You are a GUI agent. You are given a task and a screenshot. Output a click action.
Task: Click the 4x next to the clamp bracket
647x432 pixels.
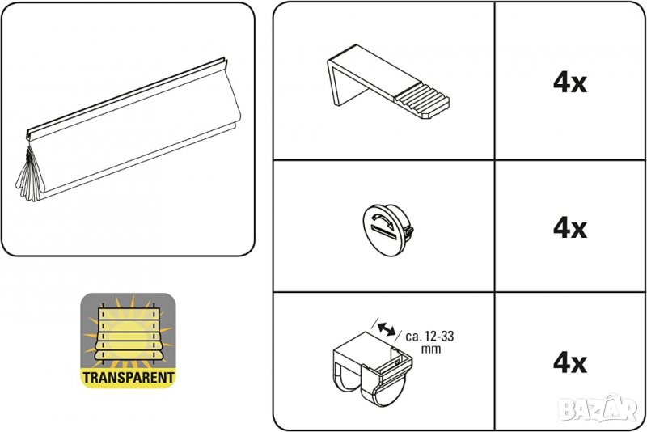click(570, 83)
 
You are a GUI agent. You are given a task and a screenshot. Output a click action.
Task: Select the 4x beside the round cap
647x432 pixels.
click(570, 228)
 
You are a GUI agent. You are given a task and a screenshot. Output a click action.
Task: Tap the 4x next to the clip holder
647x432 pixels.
click(570, 362)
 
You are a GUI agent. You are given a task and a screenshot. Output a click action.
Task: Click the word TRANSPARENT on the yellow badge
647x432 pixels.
click(129, 377)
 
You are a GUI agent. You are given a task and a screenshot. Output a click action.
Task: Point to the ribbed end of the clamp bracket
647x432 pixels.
click(421, 102)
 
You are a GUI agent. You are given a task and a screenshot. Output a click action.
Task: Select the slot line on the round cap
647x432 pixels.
click(383, 231)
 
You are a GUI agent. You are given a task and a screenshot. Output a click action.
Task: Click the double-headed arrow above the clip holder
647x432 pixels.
click(387, 328)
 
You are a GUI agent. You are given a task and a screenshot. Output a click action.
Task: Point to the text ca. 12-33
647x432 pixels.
click(429, 337)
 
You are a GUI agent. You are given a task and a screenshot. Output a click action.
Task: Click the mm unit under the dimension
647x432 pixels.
click(431, 349)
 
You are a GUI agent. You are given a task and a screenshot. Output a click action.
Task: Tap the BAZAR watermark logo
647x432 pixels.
click(598, 408)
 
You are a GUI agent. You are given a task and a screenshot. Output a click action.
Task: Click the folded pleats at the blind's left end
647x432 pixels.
click(30, 175)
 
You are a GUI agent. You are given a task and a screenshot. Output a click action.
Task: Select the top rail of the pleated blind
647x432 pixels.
click(126, 98)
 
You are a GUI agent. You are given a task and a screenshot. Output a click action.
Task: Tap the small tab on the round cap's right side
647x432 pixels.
click(409, 231)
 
